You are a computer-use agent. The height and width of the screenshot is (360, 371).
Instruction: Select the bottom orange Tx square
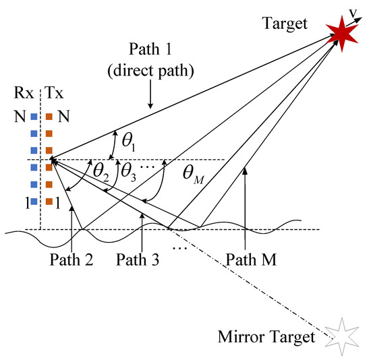click(x=49, y=200)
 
